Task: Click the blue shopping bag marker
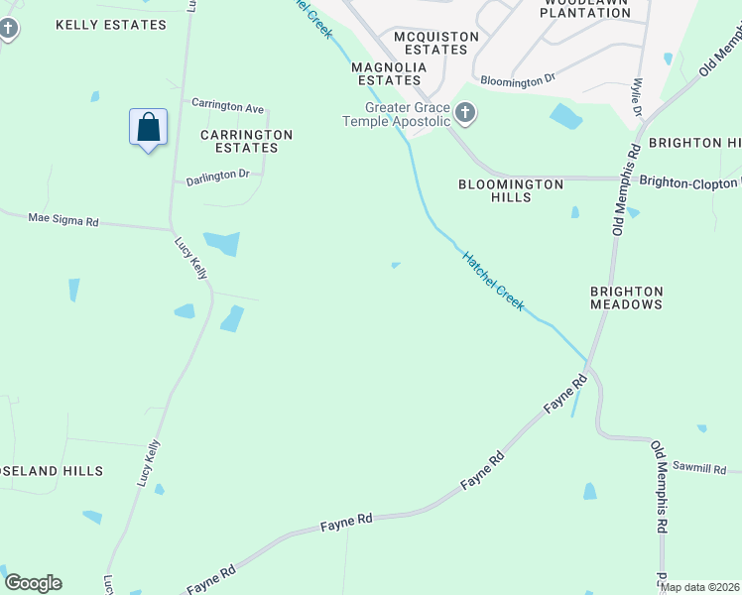pos(148,128)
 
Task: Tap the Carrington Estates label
pos(247,141)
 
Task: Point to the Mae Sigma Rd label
pos(63,218)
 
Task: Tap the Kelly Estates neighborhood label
pos(111,25)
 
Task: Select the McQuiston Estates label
pos(436,43)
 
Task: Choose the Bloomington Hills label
pos(511,190)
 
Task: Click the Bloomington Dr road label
pos(517,80)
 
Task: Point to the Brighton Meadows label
pos(626,297)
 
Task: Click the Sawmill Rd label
pos(700,468)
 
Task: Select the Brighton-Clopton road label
pos(689,181)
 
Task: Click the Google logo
pos(33,583)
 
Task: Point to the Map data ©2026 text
pos(700,587)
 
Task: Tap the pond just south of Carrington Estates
pos(221,242)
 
